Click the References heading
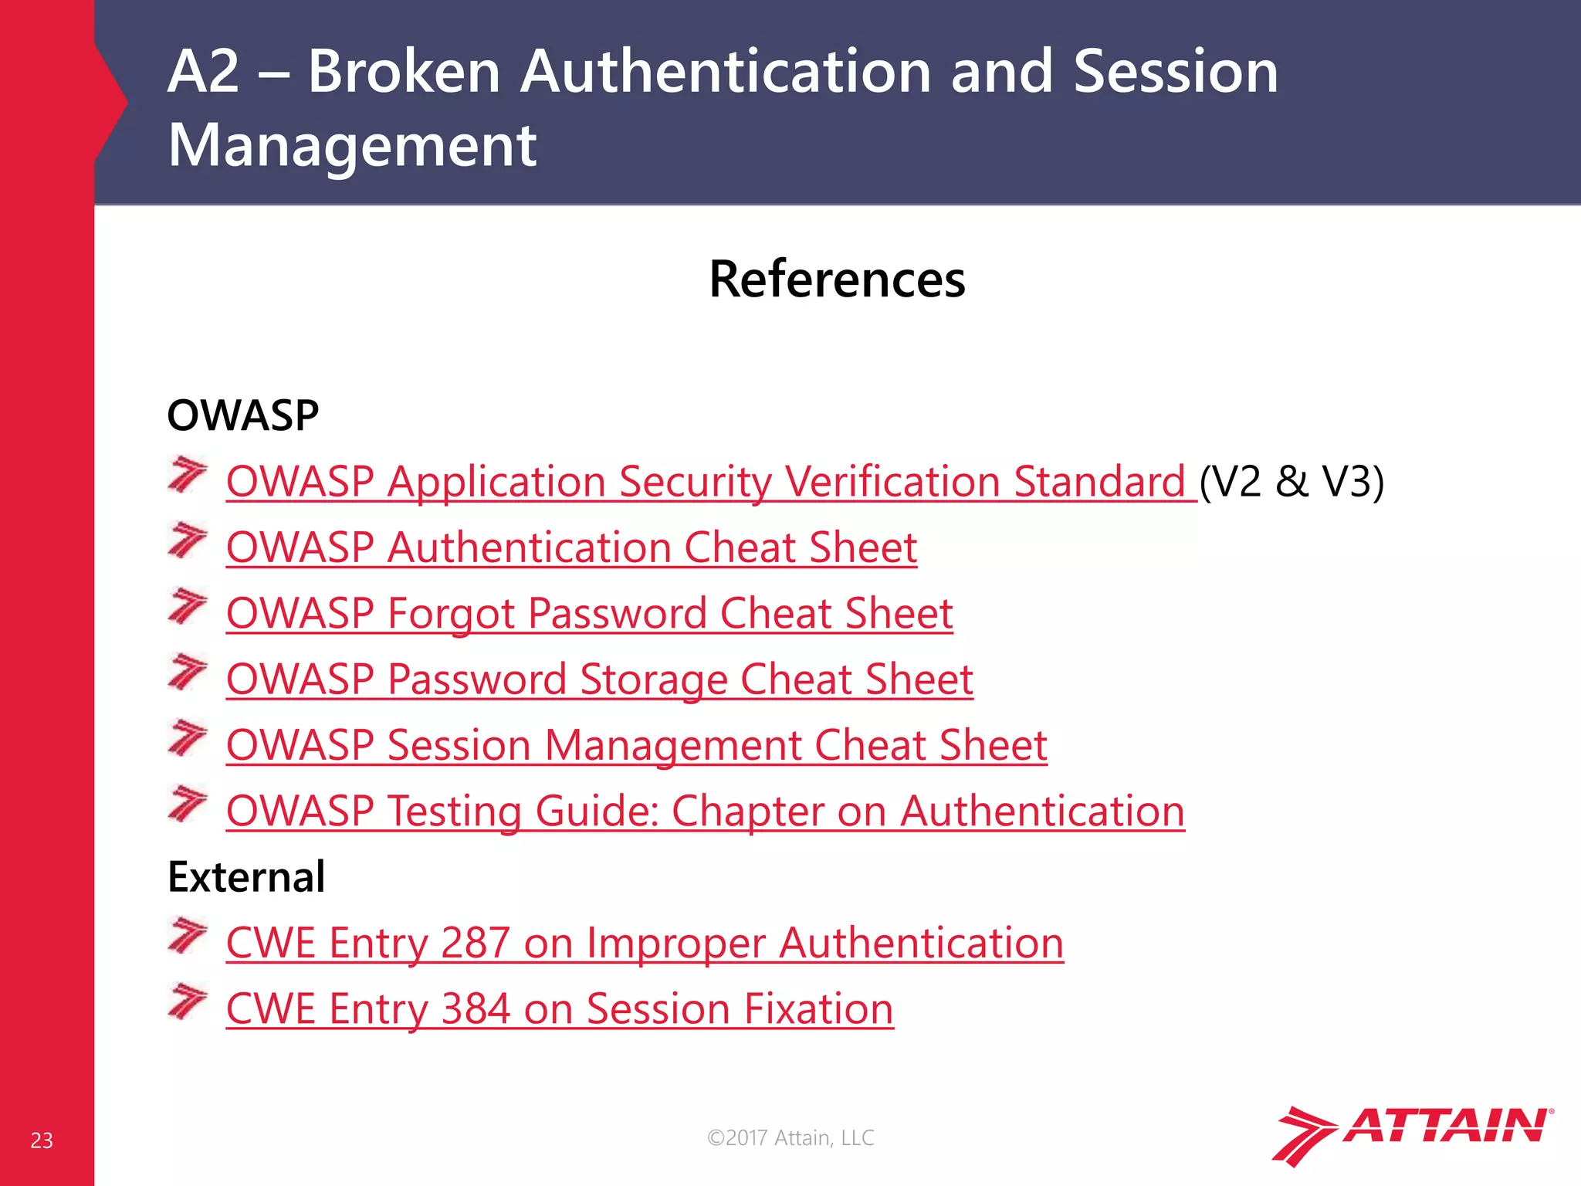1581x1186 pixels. (x=837, y=280)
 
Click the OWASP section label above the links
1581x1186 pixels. (x=242, y=415)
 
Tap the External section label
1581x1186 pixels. (x=246, y=877)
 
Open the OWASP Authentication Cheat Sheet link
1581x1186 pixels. (x=571, y=547)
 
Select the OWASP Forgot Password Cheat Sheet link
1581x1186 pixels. (x=589, y=614)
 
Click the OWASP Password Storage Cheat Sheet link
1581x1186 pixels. (x=599, y=679)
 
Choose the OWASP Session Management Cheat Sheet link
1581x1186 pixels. (x=636, y=745)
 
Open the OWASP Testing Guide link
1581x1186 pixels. (x=705, y=812)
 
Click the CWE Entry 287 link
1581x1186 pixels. (x=645, y=944)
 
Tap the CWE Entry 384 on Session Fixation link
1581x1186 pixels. (x=560, y=1009)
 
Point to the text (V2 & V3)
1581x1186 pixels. (x=1292, y=482)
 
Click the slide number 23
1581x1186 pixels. (x=42, y=1140)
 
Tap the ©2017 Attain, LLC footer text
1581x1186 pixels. (x=790, y=1138)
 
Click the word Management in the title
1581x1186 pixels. (x=352, y=146)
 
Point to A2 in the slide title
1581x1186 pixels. (x=203, y=72)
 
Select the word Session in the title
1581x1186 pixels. (x=1175, y=72)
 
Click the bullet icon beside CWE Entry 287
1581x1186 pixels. (x=188, y=936)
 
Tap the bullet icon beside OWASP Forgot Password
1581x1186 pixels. (x=188, y=606)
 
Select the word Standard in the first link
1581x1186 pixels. (x=1099, y=482)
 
